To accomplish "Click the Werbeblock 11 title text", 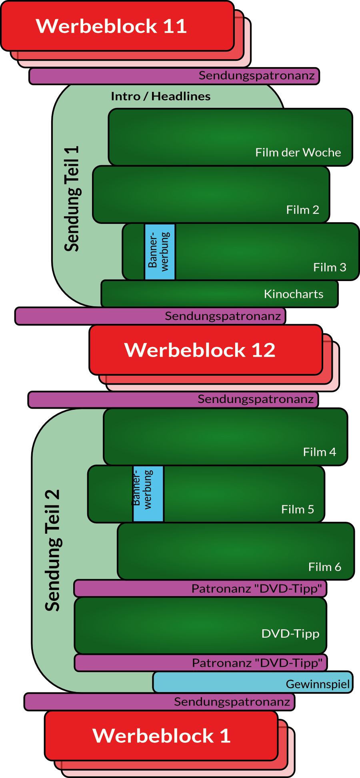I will pyautogui.click(x=111, y=26).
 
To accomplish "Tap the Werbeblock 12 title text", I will pyautogui.click(x=200, y=350).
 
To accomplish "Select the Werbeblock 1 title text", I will pyautogui.click(x=162, y=736).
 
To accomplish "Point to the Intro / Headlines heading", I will pyautogui.click(x=160, y=96).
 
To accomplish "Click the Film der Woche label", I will pyautogui.click(x=298, y=152).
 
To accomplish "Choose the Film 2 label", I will pyautogui.click(x=302, y=209).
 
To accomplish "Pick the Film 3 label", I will pyautogui.click(x=330, y=267).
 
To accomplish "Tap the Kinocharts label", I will pyautogui.click(x=294, y=294).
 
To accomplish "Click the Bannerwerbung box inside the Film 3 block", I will pyautogui.click(x=160, y=252).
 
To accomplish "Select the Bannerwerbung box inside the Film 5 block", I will pyautogui.click(x=148, y=494).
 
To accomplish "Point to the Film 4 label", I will pyautogui.click(x=319, y=452).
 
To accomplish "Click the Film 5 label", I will pyautogui.click(x=298, y=509).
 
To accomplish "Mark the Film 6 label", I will pyautogui.click(x=324, y=567).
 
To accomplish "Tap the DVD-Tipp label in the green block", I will pyautogui.click(x=290, y=634).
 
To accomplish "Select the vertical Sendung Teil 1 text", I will pyautogui.click(x=72, y=199).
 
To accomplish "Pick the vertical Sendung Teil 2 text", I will pyautogui.click(x=52, y=550).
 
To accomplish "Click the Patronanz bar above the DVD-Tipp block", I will pyautogui.click(x=200, y=588).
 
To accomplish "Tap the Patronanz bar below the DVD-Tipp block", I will pyautogui.click(x=200, y=663).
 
